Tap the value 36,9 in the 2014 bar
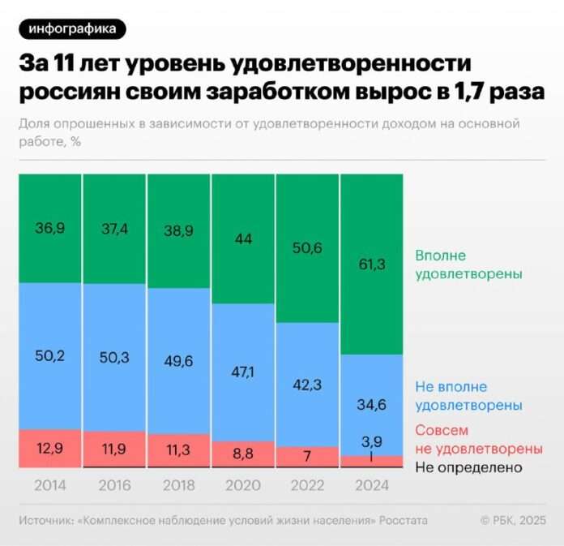coord(50,230)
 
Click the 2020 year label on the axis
coord(243,486)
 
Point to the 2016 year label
coord(114,486)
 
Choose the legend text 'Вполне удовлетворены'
coord(468,264)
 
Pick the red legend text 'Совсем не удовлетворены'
coord(478,439)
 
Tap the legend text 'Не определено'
coord(468,467)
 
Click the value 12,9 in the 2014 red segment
coord(50,449)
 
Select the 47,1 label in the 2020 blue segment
coord(243,372)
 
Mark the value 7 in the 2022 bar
coord(308,457)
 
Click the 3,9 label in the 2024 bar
coord(372,441)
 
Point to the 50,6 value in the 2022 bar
coord(308,248)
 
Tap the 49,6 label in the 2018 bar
coord(179,359)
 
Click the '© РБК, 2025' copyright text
coord(513,520)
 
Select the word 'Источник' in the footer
coord(46,520)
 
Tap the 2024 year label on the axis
coord(372,486)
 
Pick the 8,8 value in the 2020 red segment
coord(243,454)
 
